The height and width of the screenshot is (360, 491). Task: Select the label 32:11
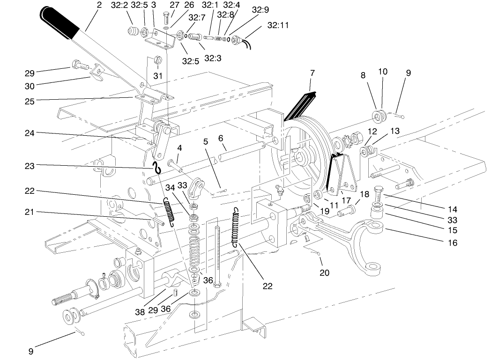[278, 26]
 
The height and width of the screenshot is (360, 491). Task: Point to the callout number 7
[312, 73]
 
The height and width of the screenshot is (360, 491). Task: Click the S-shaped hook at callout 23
[158, 167]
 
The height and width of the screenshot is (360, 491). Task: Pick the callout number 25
[30, 100]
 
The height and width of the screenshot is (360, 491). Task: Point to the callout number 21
[30, 212]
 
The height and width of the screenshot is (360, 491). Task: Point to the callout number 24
[30, 132]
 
